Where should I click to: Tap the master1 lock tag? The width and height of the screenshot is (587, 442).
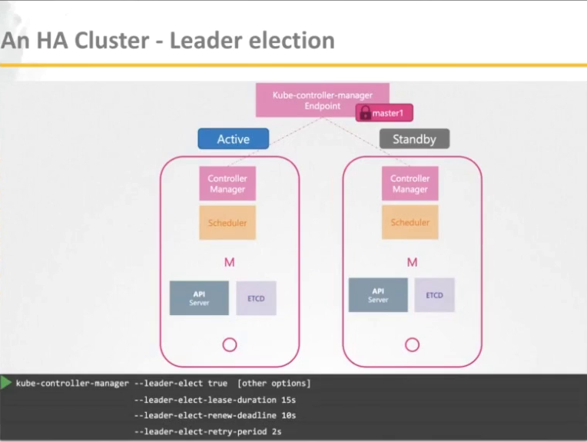coord(384,114)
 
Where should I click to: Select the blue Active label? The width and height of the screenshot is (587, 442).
coord(233,139)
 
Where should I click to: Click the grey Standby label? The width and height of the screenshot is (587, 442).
coord(414,139)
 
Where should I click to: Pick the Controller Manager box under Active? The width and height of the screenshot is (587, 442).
coord(227,184)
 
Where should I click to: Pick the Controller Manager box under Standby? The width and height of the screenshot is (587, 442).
coord(410,184)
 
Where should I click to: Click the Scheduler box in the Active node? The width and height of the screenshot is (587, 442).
coord(227,222)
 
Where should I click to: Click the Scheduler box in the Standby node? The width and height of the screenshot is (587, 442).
coord(410,222)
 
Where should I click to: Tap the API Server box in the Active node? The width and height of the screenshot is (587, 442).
coord(199,297)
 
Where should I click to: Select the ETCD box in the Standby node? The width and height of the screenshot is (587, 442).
coord(434,295)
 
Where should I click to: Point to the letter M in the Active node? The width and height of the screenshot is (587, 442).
coord(229,263)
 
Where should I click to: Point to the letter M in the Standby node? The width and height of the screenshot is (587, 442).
coord(412,263)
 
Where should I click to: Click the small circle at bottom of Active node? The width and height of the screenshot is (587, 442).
coord(229,344)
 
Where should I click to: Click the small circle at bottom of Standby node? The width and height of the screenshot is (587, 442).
coord(412,344)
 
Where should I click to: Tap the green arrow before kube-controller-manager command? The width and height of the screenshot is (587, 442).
coord(6,382)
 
